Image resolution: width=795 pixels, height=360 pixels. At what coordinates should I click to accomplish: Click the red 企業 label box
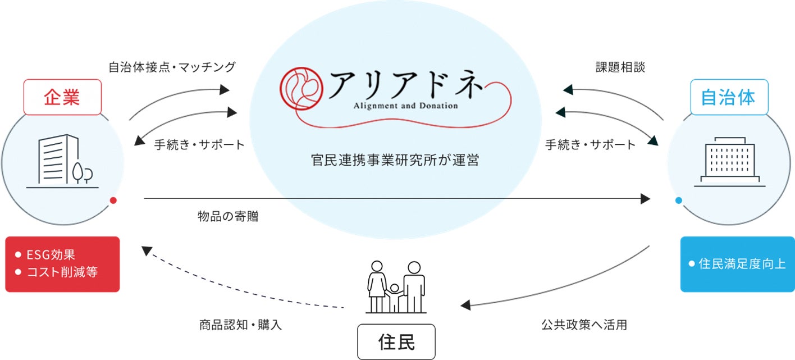click(x=62, y=97)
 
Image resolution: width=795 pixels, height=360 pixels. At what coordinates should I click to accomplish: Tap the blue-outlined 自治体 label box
click(x=728, y=97)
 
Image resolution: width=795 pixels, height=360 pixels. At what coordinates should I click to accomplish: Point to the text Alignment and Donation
click(x=405, y=105)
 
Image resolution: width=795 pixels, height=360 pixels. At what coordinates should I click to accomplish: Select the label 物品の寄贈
click(x=228, y=217)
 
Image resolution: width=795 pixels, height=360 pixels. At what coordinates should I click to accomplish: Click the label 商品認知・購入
click(x=240, y=325)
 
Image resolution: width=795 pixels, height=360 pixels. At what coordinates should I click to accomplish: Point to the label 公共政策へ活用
click(x=584, y=325)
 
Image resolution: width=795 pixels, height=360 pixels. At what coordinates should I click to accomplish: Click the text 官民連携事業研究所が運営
click(x=396, y=160)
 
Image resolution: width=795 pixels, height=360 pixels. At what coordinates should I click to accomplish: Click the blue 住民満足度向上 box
click(x=737, y=264)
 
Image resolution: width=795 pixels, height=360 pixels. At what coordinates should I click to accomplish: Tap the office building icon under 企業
click(x=63, y=161)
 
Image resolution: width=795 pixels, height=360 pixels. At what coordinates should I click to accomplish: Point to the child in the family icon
click(x=395, y=298)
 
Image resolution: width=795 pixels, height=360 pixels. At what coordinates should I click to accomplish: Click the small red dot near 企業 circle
click(x=113, y=200)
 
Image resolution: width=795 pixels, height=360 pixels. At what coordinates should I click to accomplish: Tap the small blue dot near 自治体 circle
click(x=678, y=200)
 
